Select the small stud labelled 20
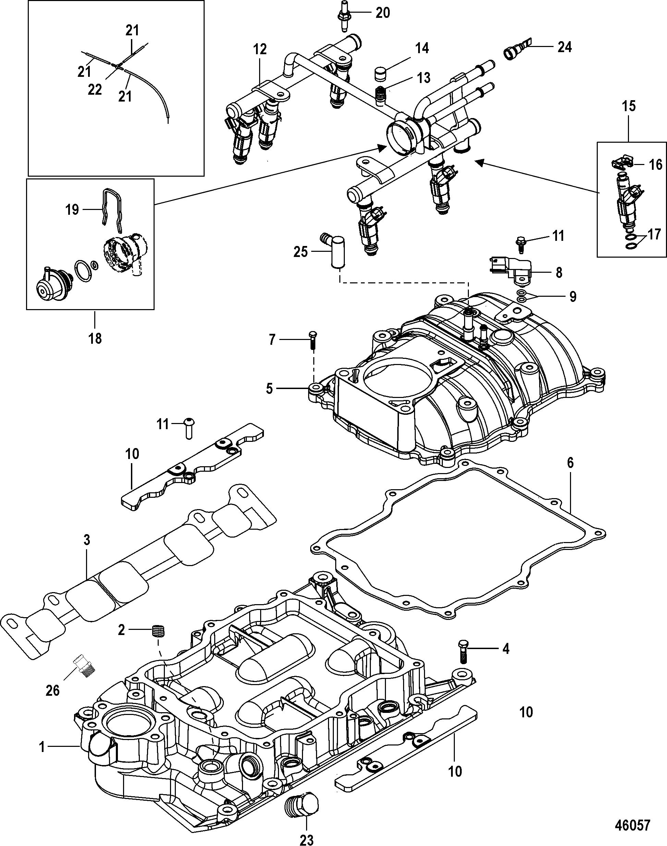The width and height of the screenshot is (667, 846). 342,18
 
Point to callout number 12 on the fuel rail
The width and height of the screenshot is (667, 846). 260,49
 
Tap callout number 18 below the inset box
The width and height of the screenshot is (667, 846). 95,338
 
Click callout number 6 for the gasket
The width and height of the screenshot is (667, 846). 570,463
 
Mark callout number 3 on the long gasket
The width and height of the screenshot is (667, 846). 87,540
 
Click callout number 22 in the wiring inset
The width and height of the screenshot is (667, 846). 95,90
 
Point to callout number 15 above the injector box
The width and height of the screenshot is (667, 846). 629,106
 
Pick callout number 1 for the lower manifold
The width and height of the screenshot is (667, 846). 42,747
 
